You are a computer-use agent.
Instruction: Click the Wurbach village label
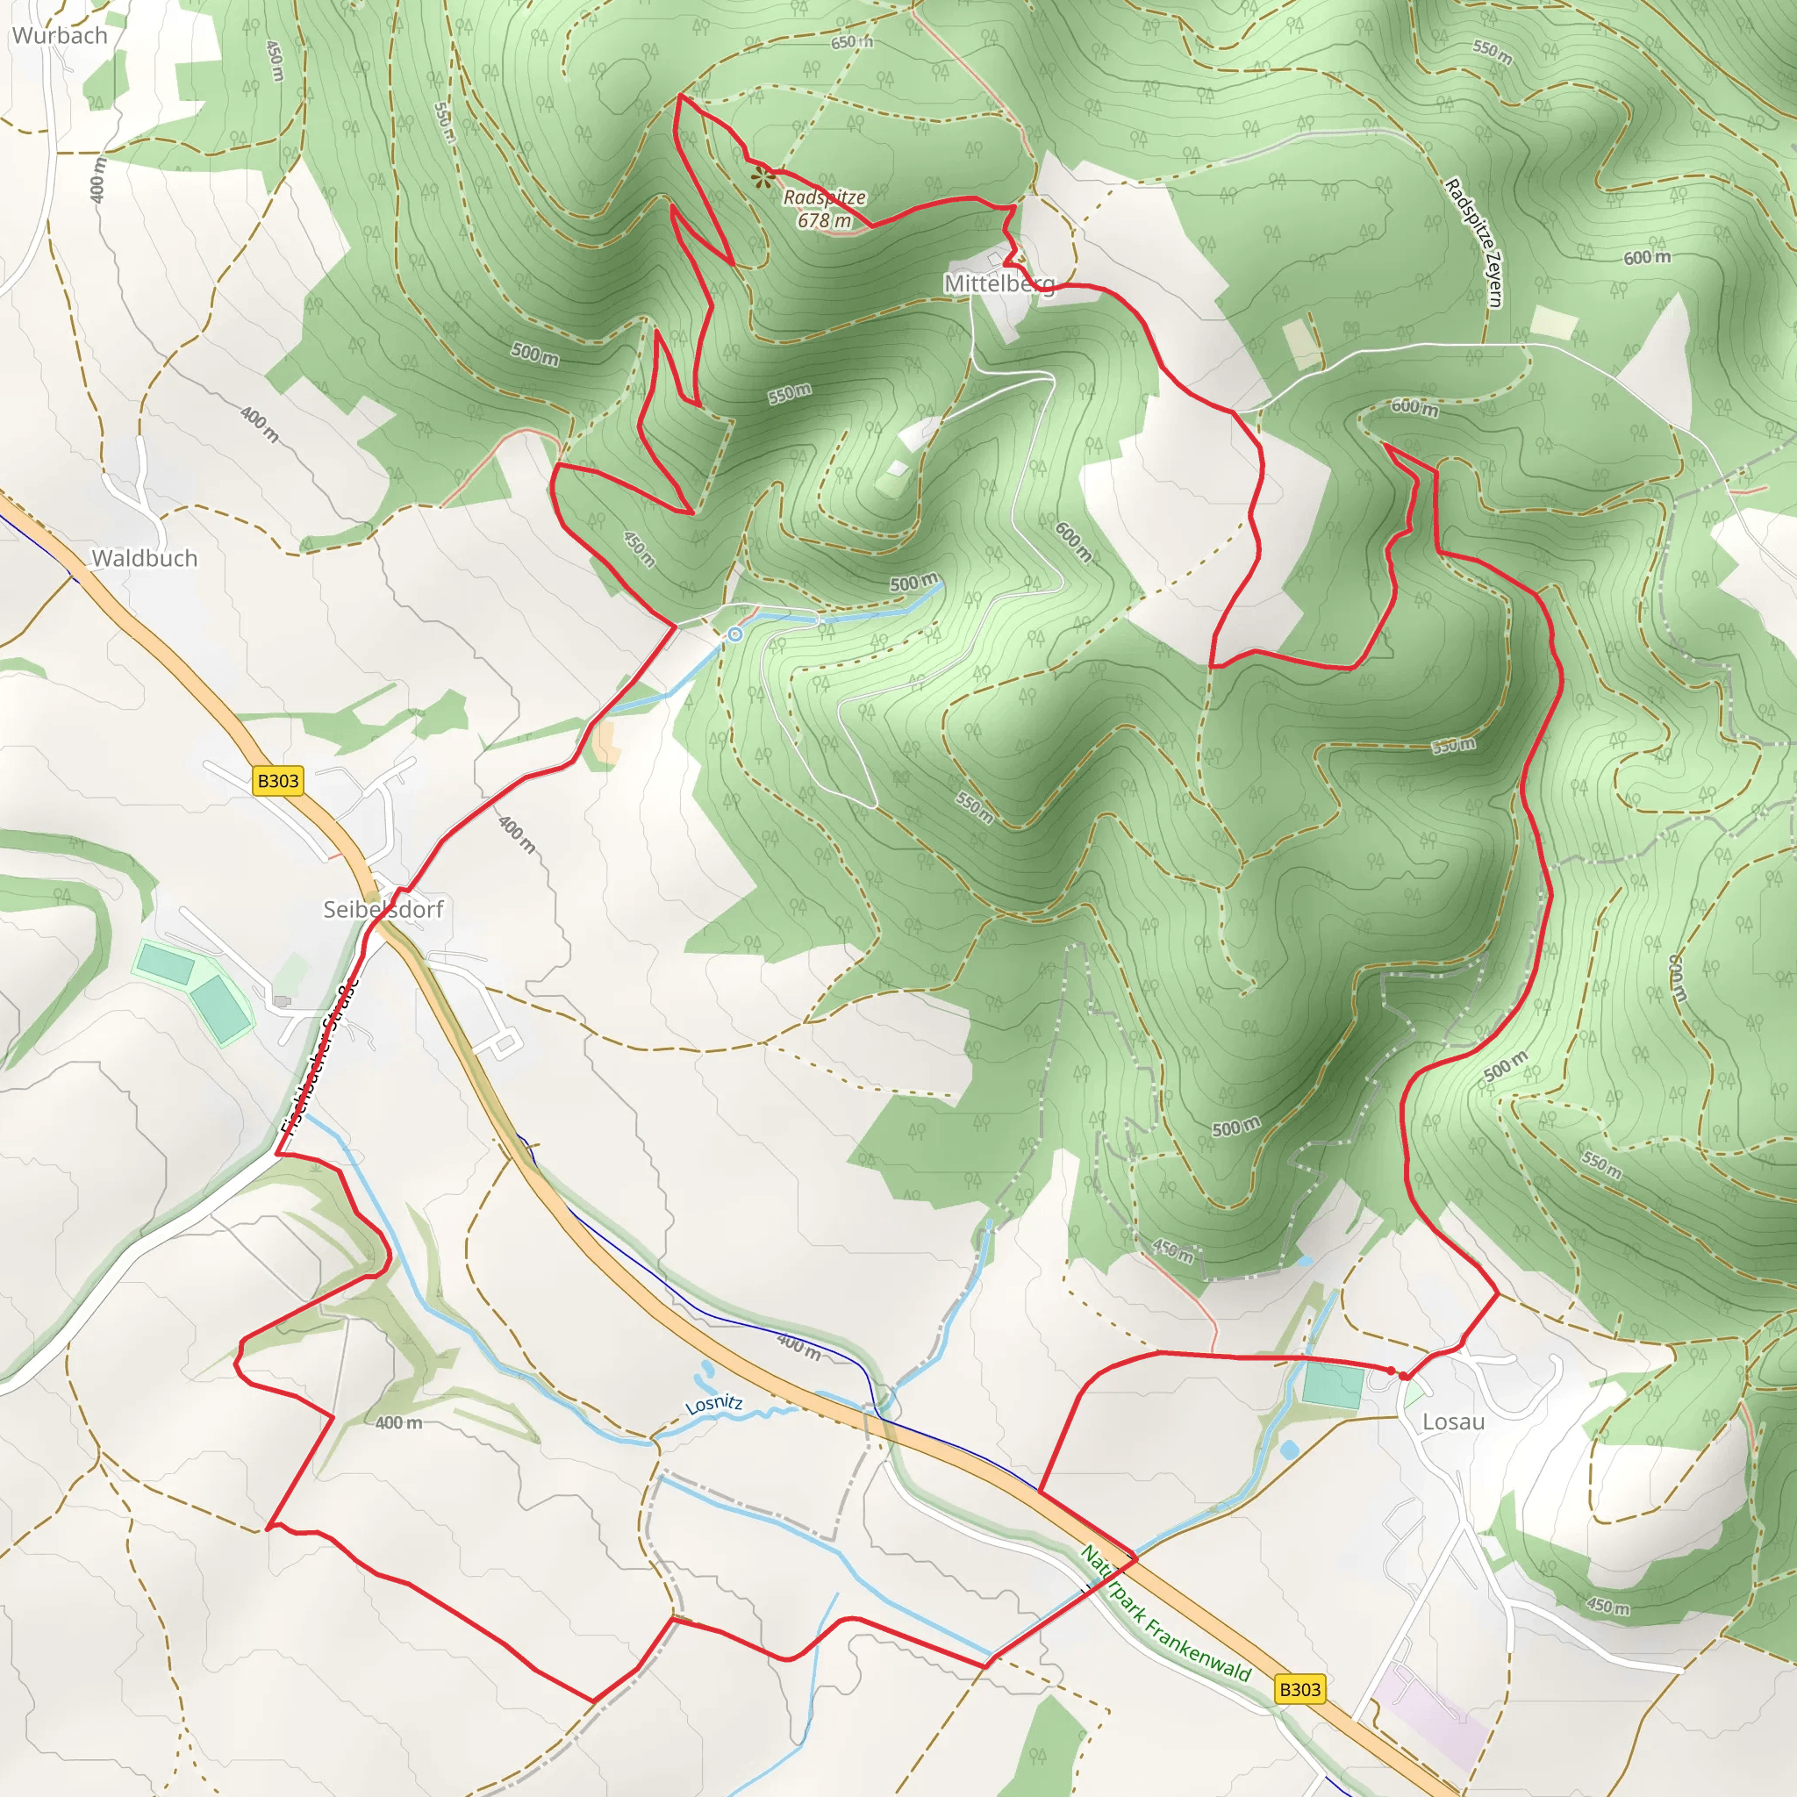(60, 36)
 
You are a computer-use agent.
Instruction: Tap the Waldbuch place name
(144, 558)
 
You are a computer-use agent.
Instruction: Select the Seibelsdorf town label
(383, 909)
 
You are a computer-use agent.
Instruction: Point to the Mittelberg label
(999, 283)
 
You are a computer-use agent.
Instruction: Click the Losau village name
(1453, 1421)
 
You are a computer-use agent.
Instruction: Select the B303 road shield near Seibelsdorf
(278, 780)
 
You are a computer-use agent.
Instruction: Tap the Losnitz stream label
(713, 1405)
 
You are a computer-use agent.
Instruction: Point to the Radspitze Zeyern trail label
(1473, 242)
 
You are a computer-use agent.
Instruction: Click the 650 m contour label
(852, 42)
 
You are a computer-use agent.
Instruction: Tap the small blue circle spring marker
(734, 634)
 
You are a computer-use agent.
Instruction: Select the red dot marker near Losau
(1392, 1371)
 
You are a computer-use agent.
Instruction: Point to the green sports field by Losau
(1333, 1384)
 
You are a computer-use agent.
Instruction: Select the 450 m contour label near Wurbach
(275, 61)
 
